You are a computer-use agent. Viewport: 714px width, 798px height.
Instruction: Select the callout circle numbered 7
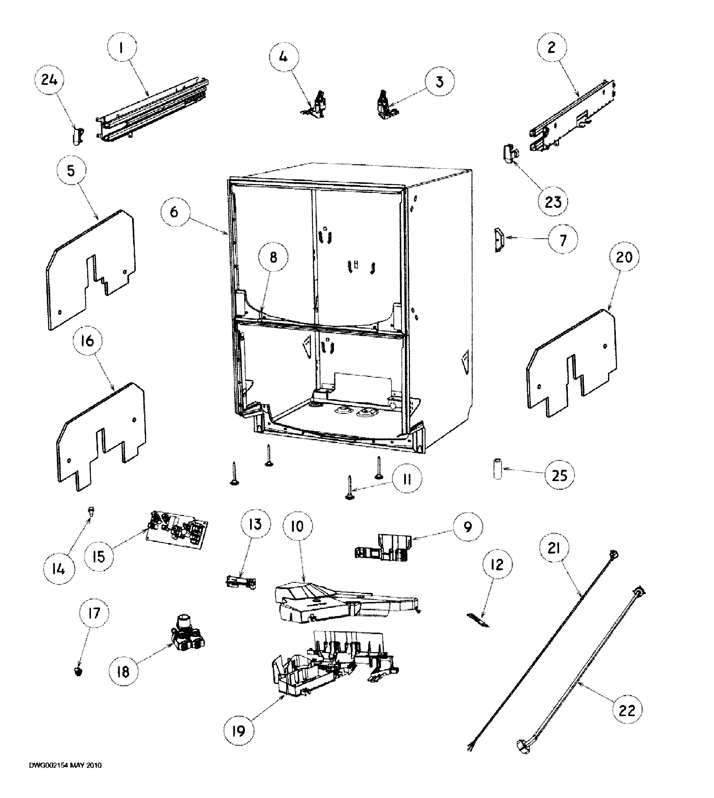pyautogui.click(x=563, y=239)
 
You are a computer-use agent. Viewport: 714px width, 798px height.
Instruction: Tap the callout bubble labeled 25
pyautogui.click(x=559, y=475)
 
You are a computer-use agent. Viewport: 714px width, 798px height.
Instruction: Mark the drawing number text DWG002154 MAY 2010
pyautogui.click(x=66, y=776)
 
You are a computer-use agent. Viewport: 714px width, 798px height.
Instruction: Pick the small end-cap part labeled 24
pyautogui.click(x=78, y=136)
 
